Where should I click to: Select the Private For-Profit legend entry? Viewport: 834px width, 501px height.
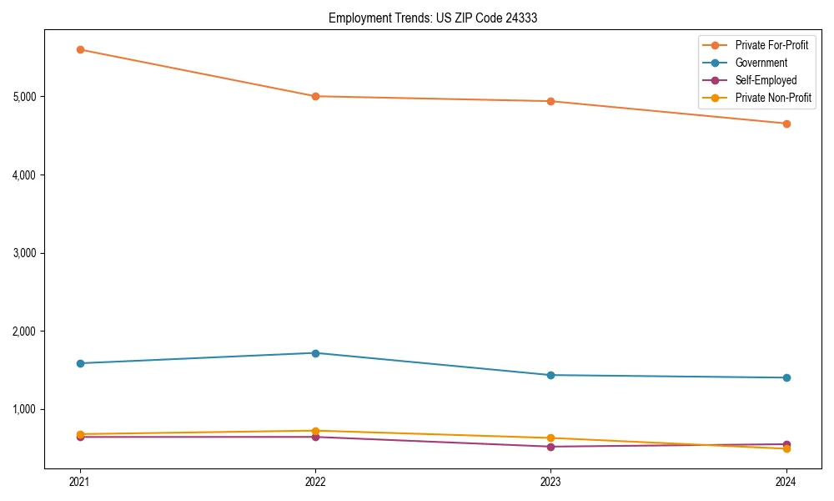[771, 45]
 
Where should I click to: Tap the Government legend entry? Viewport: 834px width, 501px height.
[761, 63]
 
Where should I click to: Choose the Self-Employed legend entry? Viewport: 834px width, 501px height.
[766, 80]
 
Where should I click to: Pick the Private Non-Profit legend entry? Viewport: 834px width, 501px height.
[773, 98]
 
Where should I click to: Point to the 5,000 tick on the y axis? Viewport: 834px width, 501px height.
[25, 97]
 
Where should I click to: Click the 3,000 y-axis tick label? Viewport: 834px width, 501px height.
[25, 253]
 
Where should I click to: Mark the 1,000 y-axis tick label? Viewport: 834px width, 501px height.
[25, 409]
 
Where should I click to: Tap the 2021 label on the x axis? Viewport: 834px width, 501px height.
[80, 481]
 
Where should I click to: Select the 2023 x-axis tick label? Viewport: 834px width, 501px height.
[550, 481]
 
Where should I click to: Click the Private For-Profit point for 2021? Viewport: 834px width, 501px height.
[80, 49]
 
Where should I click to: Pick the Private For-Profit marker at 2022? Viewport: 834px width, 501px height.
[315, 96]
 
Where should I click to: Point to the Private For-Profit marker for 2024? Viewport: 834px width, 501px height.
[786, 124]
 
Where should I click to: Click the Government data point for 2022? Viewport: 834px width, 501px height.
[315, 353]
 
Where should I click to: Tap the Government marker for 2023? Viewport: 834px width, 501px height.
[550, 375]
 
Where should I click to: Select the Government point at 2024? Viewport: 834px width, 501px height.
[786, 377]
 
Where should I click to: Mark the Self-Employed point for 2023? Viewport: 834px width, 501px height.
[550, 447]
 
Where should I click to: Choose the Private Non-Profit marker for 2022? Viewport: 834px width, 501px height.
[315, 431]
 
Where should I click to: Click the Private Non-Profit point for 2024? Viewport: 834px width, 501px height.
[786, 449]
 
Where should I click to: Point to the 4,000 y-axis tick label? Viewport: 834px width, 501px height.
[25, 175]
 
